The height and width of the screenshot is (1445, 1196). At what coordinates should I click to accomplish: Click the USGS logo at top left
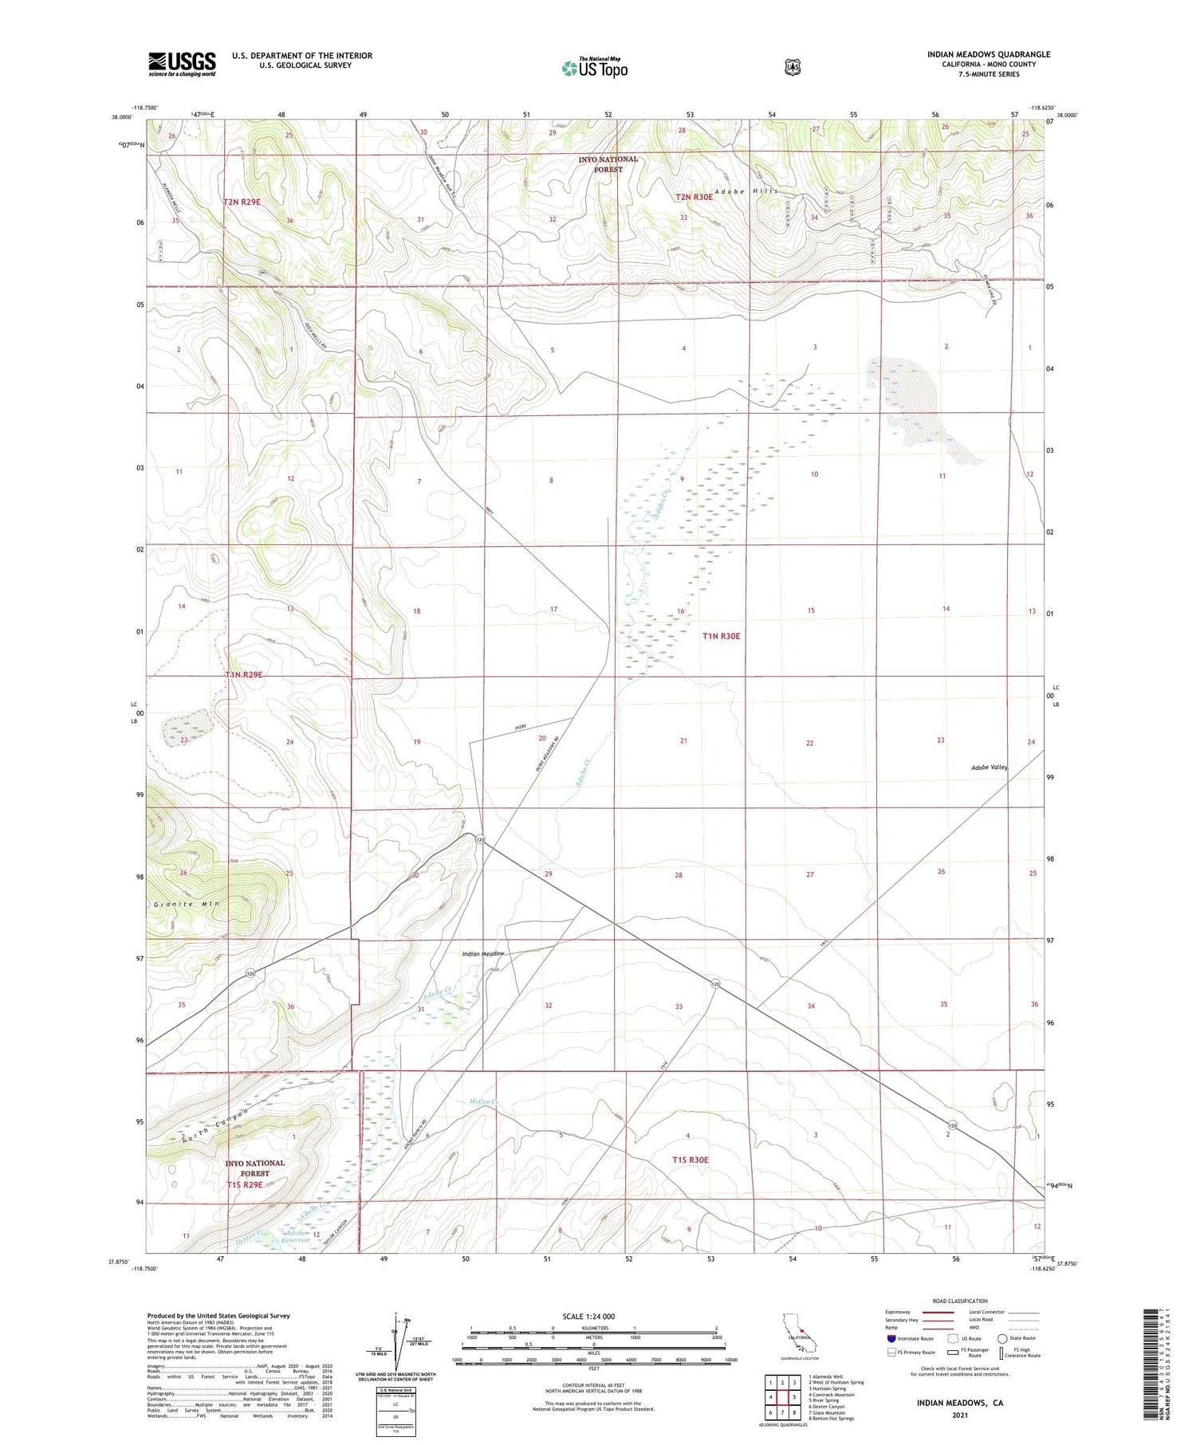[x=182, y=64]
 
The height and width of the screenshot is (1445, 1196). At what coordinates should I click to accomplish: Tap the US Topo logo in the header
[x=595, y=69]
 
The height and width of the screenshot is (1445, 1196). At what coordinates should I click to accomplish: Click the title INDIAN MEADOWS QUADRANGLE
[x=988, y=55]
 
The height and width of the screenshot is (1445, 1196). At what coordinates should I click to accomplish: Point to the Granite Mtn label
[x=185, y=904]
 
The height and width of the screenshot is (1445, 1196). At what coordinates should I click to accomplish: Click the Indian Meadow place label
[x=483, y=954]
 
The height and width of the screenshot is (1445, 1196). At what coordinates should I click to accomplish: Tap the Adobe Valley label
[x=989, y=767]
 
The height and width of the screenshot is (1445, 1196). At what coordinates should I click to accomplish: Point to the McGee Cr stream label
[x=483, y=1103]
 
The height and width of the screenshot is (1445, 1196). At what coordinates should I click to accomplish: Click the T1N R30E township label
[x=721, y=636]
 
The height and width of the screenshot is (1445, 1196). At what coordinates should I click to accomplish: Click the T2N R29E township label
[x=242, y=202]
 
